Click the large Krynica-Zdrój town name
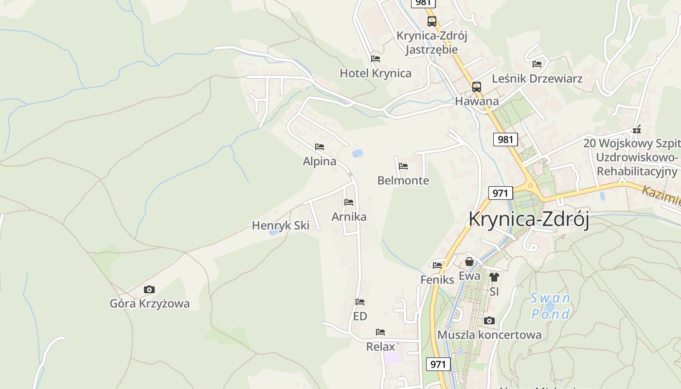(x=528, y=219)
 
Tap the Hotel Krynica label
(x=375, y=73)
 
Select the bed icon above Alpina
(x=319, y=147)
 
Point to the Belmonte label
(x=403, y=180)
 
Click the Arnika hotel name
(x=349, y=216)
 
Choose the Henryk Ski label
(x=281, y=226)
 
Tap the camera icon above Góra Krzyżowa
(x=149, y=290)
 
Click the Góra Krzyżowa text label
(x=149, y=304)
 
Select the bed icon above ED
(x=360, y=302)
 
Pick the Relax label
(x=380, y=347)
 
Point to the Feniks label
(x=437, y=280)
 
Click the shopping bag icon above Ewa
(x=469, y=262)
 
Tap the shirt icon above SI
(x=494, y=277)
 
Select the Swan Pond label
(x=551, y=306)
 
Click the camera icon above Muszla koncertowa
(x=489, y=321)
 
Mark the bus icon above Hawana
(x=477, y=87)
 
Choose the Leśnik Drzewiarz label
(x=537, y=78)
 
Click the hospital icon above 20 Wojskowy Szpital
(x=637, y=130)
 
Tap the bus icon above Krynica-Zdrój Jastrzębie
(x=432, y=21)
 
